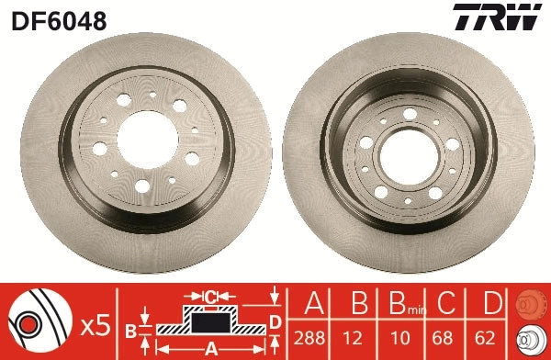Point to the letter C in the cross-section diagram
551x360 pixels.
210,297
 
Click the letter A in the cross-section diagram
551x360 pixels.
210,348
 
